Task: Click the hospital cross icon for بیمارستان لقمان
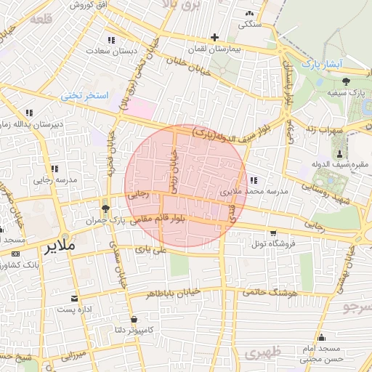click(214, 37)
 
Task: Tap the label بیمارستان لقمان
click(214, 49)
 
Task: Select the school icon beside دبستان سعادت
click(110, 40)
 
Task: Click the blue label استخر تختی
click(84, 95)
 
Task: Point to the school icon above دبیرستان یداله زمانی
click(29, 113)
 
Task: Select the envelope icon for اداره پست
click(74, 298)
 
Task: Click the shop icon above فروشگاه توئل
click(273, 233)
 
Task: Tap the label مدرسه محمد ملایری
click(255, 191)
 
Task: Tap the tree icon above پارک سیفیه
click(346, 81)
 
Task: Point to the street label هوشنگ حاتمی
click(259, 292)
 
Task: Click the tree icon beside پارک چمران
click(106, 209)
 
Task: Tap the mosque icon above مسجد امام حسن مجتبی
click(321, 337)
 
